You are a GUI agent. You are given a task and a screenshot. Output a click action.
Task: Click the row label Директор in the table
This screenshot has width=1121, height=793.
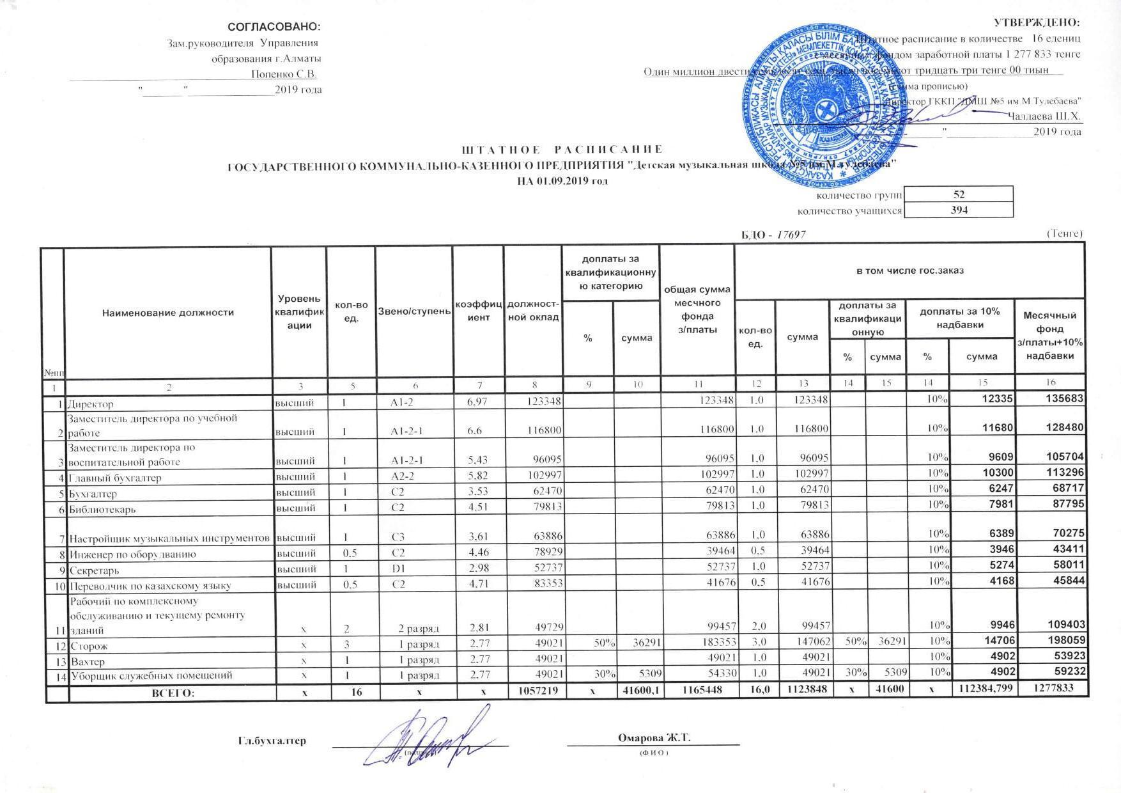coord(91,404)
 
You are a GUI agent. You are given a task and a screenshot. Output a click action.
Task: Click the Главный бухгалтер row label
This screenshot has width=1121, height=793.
coord(115,478)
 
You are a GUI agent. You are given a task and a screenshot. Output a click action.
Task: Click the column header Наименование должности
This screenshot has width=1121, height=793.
coord(167,313)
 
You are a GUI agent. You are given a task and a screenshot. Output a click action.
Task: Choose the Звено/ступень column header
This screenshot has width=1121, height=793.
coord(414,311)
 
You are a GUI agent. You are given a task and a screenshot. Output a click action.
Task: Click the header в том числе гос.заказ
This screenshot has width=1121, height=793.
coord(909,271)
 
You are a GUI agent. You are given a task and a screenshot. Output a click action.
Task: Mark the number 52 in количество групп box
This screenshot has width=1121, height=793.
coord(958,194)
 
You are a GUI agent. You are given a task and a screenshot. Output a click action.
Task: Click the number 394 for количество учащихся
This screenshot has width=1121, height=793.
coord(958,210)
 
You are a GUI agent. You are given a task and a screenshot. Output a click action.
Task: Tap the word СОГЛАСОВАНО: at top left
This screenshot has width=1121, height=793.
coord(274,27)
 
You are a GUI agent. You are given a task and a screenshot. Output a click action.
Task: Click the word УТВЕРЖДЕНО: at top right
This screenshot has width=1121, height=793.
coord(1045,23)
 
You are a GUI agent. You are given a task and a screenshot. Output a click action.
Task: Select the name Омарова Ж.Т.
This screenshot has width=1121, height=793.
coord(654,738)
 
